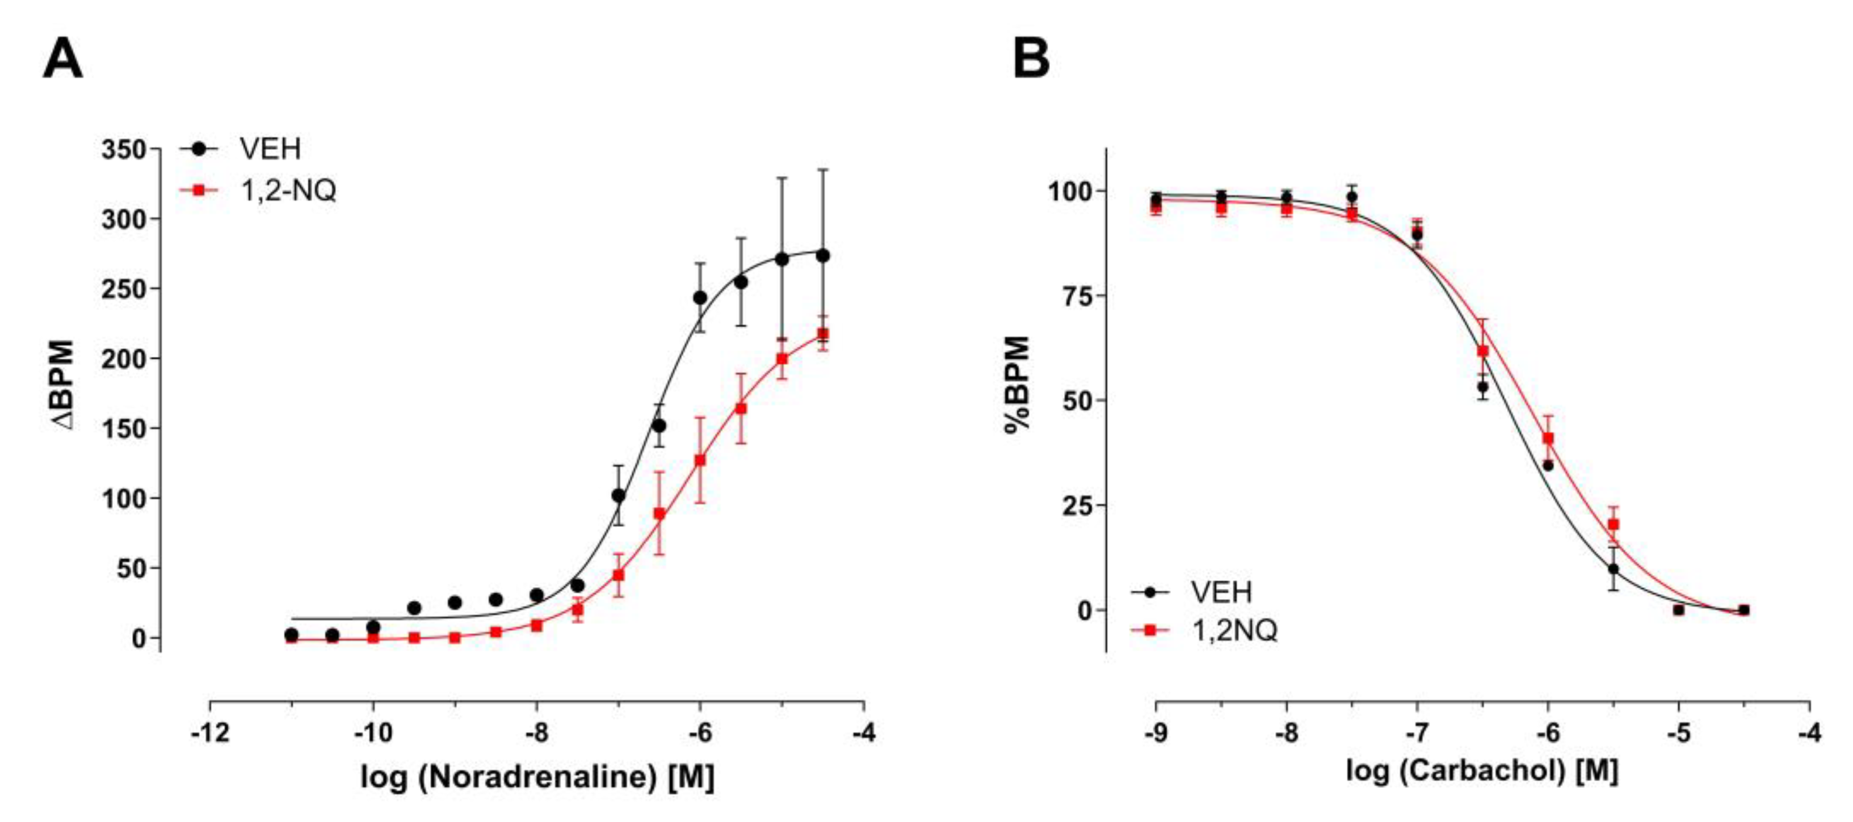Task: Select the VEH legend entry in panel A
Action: click(270, 149)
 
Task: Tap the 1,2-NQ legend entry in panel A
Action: click(287, 191)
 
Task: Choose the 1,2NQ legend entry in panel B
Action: click(1234, 631)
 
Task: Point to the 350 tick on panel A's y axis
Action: click(123, 150)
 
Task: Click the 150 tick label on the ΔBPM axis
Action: click(123, 429)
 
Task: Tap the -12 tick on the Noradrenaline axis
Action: click(209, 733)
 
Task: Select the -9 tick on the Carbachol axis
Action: click(1156, 733)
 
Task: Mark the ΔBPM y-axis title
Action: click(64, 385)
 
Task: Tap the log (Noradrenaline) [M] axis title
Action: click(537, 777)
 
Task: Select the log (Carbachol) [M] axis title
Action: click(1482, 771)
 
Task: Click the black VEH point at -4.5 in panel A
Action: click(823, 255)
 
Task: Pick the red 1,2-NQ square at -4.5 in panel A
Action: click(823, 334)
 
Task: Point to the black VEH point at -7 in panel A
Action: click(619, 495)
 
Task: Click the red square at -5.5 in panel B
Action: click(1614, 524)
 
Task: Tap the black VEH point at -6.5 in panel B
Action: click(1482, 387)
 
